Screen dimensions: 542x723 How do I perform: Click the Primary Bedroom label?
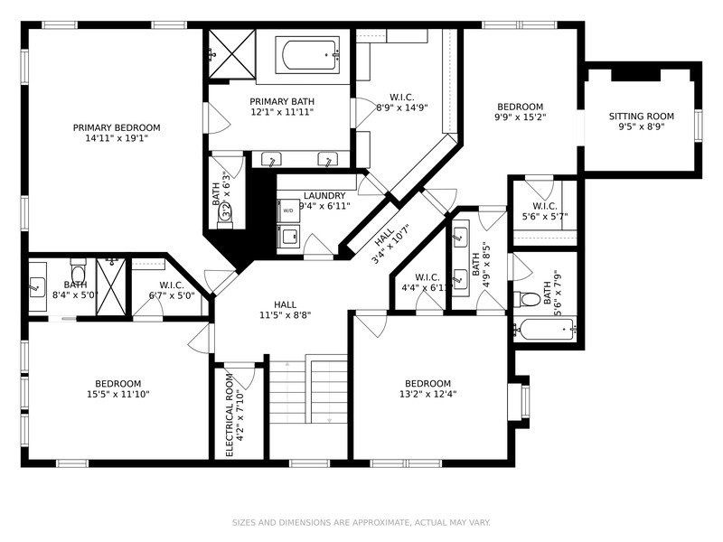117,127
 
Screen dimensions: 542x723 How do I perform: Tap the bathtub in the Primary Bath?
309,56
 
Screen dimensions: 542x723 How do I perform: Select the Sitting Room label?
641,116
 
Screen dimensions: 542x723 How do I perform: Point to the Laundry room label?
324,195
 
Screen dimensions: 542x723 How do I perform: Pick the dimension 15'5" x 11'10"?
117,394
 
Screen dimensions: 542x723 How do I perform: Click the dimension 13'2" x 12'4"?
427,394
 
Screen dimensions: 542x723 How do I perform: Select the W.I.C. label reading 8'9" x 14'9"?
402,97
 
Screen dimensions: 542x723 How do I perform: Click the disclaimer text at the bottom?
361,522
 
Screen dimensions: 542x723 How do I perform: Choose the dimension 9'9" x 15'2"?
520,117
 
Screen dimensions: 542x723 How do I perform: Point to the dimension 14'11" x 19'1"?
117,138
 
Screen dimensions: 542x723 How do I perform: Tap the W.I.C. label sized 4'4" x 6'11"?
426,277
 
